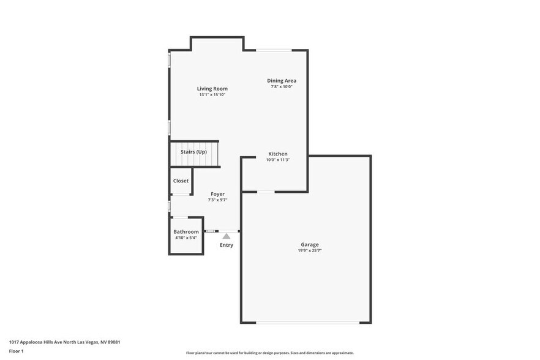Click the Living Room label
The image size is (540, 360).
click(212, 89)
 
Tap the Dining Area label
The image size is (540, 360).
click(282, 80)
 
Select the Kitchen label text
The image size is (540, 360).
click(277, 154)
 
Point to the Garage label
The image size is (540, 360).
click(309, 244)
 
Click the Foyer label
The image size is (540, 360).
click(217, 193)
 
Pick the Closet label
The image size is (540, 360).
click(181, 181)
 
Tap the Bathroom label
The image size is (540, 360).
click(186, 231)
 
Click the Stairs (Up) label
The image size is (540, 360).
click(193, 151)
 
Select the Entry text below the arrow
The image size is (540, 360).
click(227, 245)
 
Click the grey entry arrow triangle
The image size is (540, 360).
click(227, 236)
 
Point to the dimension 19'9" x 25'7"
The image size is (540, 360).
click(309, 250)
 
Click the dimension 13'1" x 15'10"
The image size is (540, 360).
click(212, 95)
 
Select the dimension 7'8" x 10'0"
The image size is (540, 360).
click(282, 86)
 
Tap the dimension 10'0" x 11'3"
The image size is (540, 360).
click(277, 160)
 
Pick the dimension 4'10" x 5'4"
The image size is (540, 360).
click(186, 238)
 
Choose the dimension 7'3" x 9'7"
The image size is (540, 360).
click(217, 200)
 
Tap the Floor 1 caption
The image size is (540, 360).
click(16, 351)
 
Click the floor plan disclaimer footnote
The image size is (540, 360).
click(269, 353)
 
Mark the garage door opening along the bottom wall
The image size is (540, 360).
click(307, 322)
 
